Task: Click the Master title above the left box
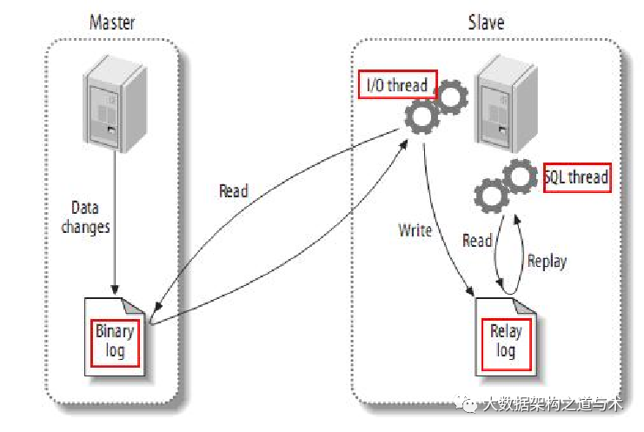point(112,23)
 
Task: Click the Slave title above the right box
point(486,23)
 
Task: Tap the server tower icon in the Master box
point(115,104)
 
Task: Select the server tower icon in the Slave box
point(506,104)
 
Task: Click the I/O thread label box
point(397,84)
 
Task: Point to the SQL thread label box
point(577,177)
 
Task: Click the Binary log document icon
point(115,336)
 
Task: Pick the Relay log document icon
point(506,336)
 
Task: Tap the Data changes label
point(85,217)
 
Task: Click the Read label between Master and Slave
point(233,191)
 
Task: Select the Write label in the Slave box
point(415,230)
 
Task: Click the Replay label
point(547,261)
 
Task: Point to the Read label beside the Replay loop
point(477,241)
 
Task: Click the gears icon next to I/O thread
point(436,106)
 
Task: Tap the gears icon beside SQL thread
point(506,186)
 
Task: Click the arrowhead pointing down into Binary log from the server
point(115,289)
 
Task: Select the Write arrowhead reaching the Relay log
point(470,290)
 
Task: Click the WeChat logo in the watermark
point(466,403)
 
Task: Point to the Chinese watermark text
point(553,404)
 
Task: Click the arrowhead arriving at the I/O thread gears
point(403,145)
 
